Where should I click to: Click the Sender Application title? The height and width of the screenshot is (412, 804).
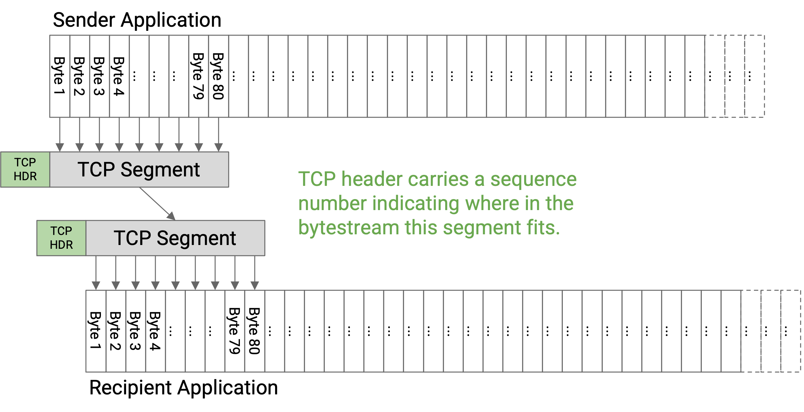pyautogui.click(x=137, y=20)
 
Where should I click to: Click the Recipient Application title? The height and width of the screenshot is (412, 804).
pyautogui.click(x=184, y=387)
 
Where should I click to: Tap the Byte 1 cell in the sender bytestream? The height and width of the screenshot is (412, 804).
pyautogui.click(x=60, y=76)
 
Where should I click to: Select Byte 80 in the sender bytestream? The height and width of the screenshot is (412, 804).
pyautogui.click(x=219, y=76)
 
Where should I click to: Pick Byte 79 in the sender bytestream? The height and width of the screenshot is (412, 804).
pyautogui.click(x=199, y=76)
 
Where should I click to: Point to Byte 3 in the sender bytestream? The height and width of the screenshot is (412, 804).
pyautogui.click(x=99, y=76)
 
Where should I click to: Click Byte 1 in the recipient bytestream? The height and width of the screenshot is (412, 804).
pyautogui.click(x=96, y=331)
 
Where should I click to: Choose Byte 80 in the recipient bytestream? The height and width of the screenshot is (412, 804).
pyautogui.click(x=255, y=331)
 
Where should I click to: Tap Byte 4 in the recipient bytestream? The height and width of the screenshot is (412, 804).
pyautogui.click(x=155, y=331)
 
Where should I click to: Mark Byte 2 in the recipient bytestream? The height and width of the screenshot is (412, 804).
pyautogui.click(x=116, y=331)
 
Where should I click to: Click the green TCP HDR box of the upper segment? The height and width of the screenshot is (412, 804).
pyautogui.click(x=25, y=170)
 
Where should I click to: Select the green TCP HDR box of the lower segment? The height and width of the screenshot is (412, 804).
pyautogui.click(x=61, y=238)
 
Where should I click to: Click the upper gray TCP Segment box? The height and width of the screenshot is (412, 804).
pyautogui.click(x=139, y=170)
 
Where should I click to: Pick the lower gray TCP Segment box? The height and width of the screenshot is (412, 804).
pyautogui.click(x=175, y=238)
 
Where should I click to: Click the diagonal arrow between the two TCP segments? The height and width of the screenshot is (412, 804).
pyautogui.click(x=157, y=204)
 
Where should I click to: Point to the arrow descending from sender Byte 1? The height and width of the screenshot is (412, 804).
pyautogui.click(x=60, y=135)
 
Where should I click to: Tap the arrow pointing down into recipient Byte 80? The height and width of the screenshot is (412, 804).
pyautogui.click(x=255, y=273)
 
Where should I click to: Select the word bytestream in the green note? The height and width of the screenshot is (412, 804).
pyautogui.click(x=349, y=228)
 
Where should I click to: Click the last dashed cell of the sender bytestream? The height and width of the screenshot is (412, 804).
pyautogui.click(x=755, y=76)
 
